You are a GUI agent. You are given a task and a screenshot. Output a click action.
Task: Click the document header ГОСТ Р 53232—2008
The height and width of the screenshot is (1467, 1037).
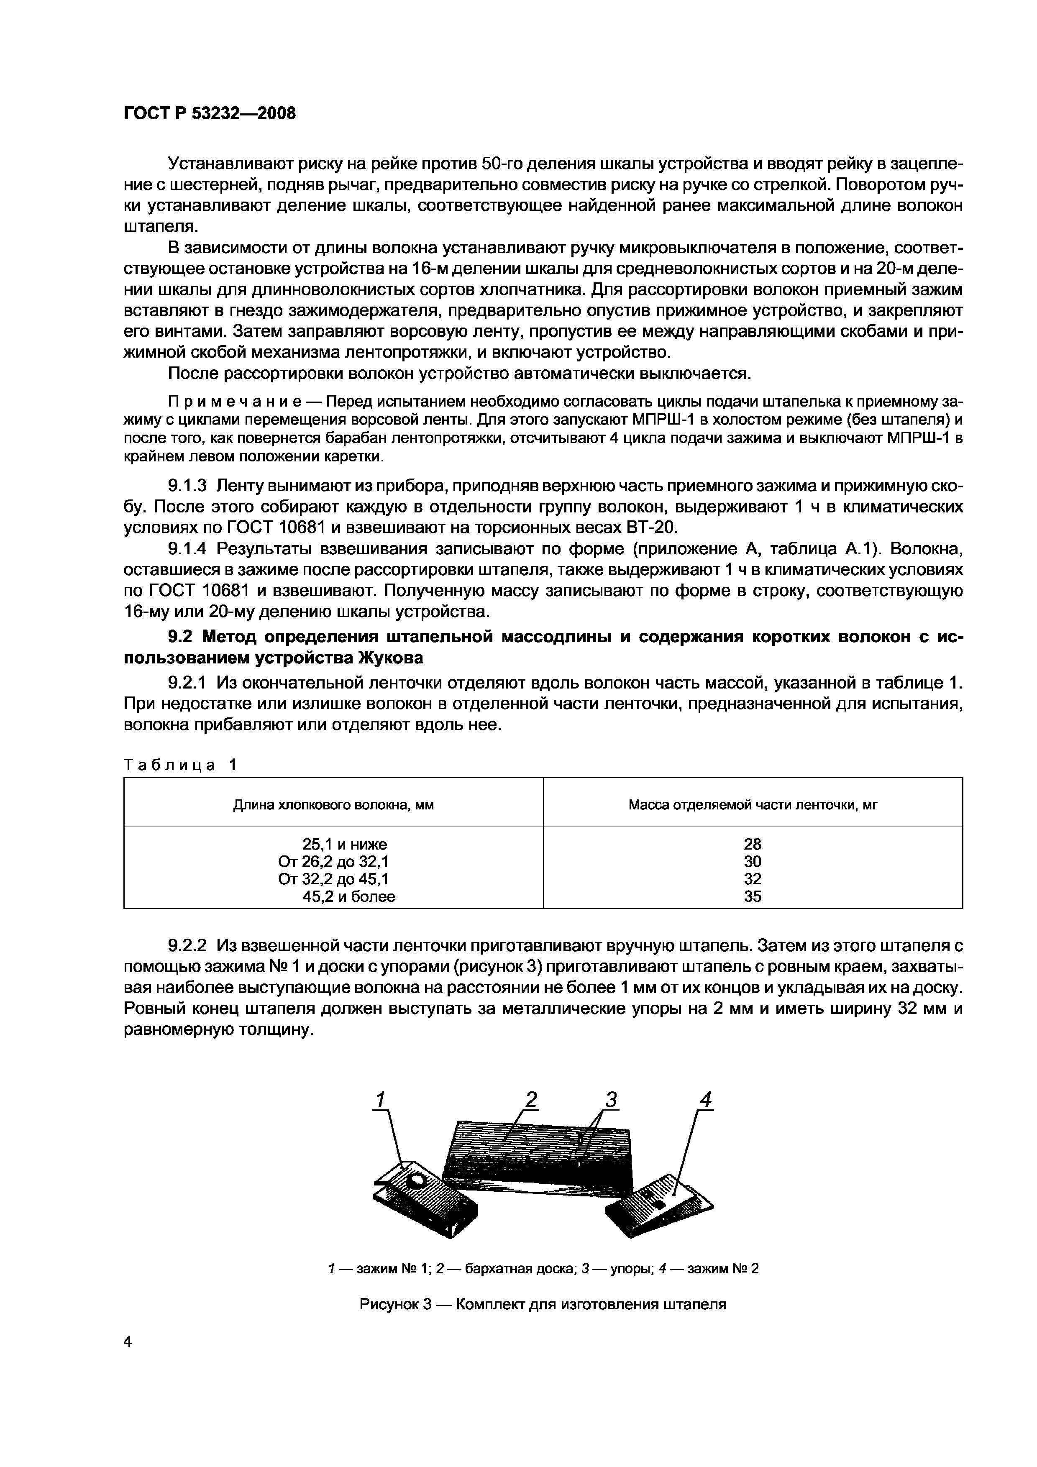tap(210, 114)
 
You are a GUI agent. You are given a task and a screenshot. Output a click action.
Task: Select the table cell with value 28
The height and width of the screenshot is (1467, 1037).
tap(752, 843)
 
